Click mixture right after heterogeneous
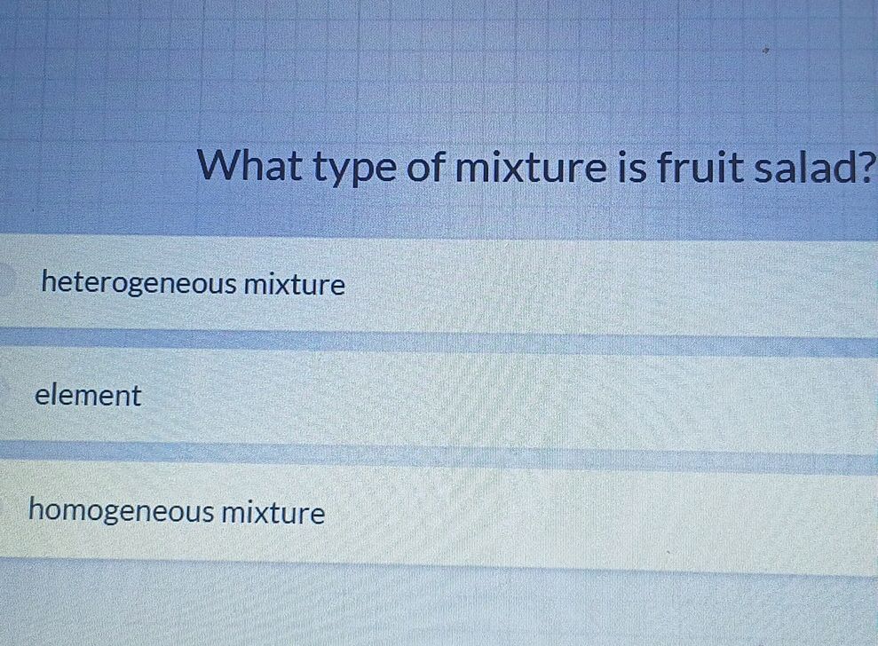click(295, 285)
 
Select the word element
click(88, 396)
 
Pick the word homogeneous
click(122, 512)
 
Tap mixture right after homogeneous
click(273, 512)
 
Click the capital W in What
click(218, 165)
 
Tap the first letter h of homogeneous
click(36, 510)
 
